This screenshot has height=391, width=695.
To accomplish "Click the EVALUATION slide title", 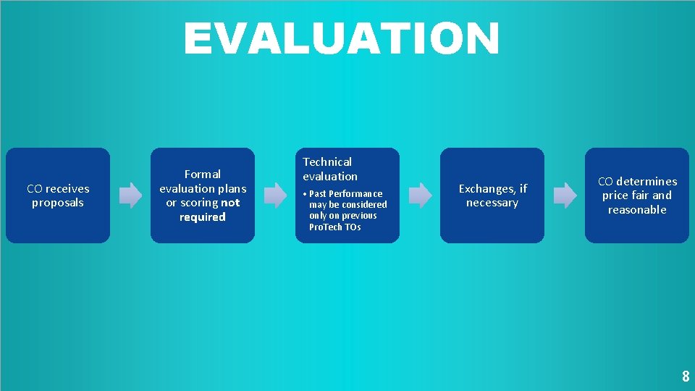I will pos(341,38).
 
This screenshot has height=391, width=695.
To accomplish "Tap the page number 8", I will pos(685,377).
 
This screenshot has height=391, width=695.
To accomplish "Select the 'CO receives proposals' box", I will pos(58,195).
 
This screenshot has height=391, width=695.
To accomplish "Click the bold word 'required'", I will pos(203,217).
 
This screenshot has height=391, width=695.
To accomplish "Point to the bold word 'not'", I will pos(230,203).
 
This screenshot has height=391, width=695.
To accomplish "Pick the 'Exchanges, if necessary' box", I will pos(492,195).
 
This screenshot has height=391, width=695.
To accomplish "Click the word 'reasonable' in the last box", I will pos(637,210).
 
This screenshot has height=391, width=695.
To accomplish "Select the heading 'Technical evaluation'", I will pos(330,169).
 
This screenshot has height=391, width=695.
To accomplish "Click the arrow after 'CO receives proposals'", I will pos(130,195).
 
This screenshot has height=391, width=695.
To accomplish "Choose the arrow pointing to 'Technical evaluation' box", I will pos(275,195).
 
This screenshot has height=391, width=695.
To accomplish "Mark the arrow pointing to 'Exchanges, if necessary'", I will pos(420,195).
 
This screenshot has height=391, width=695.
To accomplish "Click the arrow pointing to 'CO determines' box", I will pos(565,195).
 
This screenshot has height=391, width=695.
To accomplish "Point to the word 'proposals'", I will pos(58,203).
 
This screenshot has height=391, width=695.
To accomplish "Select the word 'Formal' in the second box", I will pos(203,174).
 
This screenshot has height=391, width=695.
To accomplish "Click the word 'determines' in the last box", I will pos(646,181).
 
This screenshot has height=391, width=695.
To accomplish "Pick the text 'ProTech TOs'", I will pos(334,227).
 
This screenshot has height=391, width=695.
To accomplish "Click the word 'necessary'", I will pos(492,203).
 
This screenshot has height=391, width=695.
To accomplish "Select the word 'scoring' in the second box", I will pos(199,203).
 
